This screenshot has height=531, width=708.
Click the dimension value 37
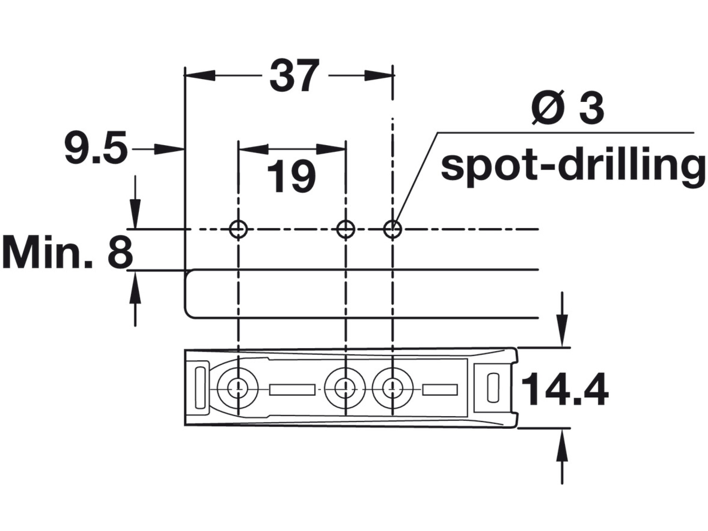(x=293, y=76)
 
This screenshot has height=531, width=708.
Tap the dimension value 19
(x=291, y=177)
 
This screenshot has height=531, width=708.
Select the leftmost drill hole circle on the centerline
(x=238, y=229)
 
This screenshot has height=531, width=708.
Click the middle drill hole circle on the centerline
(x=346, y=229)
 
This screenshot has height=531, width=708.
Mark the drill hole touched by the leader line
(x=392, y=229)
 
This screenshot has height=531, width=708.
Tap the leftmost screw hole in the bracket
(x=238, y=388)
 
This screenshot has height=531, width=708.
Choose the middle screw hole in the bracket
(x=345, y=388)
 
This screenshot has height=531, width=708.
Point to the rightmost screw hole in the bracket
(x=393, y=388)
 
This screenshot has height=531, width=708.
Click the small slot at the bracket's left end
(x=200, y=387)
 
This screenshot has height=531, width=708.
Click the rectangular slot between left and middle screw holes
(x=292, y=389)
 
